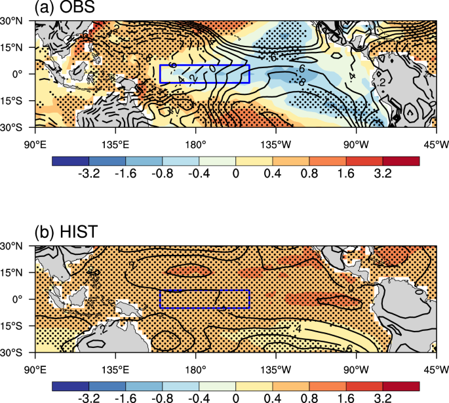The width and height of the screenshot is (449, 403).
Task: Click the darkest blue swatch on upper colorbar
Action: [x=69, y=160]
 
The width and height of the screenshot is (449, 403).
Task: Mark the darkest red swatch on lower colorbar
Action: [x=400, y=385]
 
